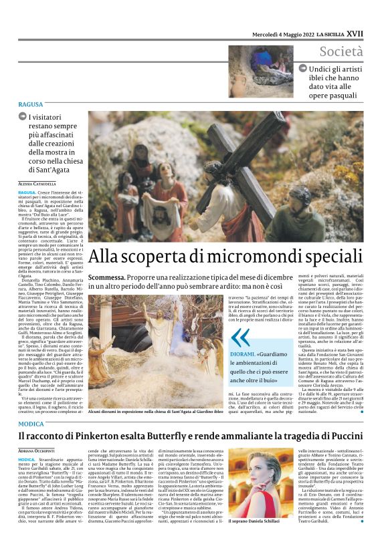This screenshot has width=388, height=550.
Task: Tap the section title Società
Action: [341, 51]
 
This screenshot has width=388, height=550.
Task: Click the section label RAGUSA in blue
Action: [31, 105]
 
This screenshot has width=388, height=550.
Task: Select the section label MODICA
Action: [31, 424]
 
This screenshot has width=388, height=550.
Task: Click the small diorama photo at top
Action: [260, 72]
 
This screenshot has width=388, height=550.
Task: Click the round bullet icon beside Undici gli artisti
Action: [303, 68]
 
